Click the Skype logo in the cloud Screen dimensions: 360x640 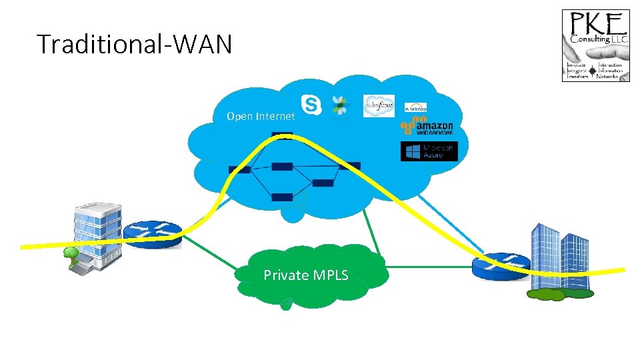click(311, 104)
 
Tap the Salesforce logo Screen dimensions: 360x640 click(379, 105)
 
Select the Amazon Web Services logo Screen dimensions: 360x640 click(427, 126)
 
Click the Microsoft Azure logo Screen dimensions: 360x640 click(429, 151)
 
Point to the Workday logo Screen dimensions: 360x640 click(415, 107)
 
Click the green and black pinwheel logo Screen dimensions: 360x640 click(341, 107)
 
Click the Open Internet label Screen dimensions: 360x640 click(260, 117)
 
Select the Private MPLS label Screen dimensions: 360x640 click(305, 275)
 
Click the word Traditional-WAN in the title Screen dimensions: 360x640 click(135, 45)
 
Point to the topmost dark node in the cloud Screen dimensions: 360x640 click(282, 136)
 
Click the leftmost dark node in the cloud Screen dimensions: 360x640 click(239, 169)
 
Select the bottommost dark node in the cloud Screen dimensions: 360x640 click(282, 197)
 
